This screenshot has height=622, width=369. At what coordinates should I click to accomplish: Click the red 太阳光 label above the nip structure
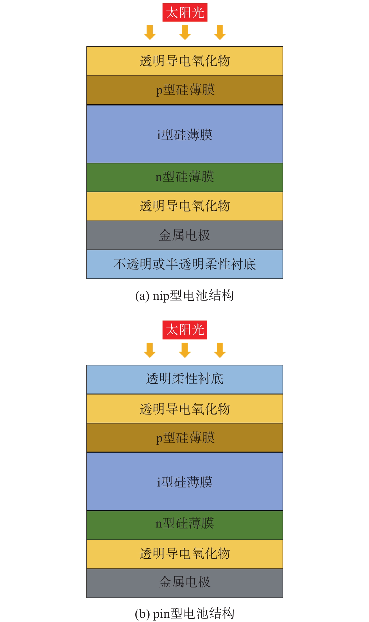click(185, 12)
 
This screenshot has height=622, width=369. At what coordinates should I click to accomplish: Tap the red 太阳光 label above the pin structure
click(185, 330)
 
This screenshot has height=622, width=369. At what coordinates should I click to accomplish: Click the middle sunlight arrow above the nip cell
click(185, 32)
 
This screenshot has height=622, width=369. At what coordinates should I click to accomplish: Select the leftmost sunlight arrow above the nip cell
click(150, 32)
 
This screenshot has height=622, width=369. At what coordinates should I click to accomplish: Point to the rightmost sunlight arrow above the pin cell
click(220, 350)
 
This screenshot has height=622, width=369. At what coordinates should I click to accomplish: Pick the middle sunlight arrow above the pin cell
click(185, 350)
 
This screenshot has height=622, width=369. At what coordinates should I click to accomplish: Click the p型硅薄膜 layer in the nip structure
click(185, 90)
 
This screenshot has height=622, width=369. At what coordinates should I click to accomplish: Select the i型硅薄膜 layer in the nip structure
click(185, 134)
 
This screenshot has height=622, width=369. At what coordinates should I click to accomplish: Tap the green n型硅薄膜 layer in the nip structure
click(185, 177)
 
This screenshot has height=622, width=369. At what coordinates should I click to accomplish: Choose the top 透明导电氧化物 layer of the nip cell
click(185, 61)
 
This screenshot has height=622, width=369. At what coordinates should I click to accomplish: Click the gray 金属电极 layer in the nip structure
click(185, 235)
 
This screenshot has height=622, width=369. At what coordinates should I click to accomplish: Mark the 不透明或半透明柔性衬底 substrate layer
click(185, 264)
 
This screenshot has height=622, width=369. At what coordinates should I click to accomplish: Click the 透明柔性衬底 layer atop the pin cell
click(185, 379)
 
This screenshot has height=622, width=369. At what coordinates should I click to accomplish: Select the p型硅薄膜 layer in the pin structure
click(185, 438)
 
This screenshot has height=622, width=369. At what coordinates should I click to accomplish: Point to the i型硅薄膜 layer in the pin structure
click(185, 481)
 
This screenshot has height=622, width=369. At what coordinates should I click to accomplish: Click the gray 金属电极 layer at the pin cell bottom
click(185, 582)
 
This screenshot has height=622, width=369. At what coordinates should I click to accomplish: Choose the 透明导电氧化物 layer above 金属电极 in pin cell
click(185, 553)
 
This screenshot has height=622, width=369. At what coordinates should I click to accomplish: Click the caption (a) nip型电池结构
click(185, 296)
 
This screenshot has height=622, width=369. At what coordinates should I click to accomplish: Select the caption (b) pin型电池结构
click(185, 613)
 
